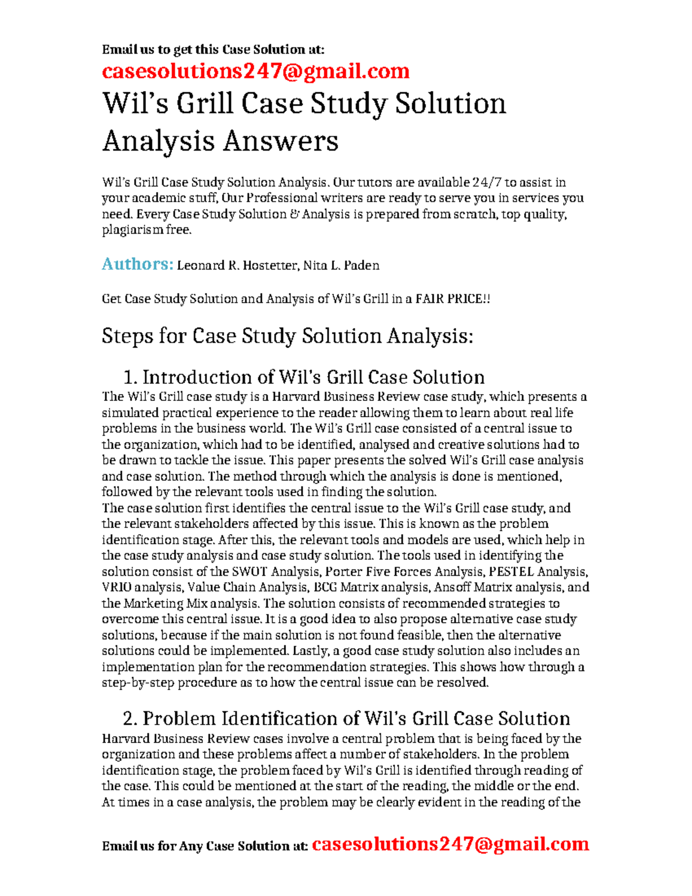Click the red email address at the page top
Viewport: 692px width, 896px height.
255,71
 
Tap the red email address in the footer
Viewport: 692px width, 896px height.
450,844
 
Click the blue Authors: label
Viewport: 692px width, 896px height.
137,264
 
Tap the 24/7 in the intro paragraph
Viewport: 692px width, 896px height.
487,182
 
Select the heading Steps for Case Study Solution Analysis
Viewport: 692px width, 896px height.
287,336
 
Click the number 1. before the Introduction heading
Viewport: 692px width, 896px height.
130,377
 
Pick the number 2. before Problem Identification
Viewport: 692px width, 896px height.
130,719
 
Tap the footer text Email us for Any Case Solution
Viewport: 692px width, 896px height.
204,846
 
